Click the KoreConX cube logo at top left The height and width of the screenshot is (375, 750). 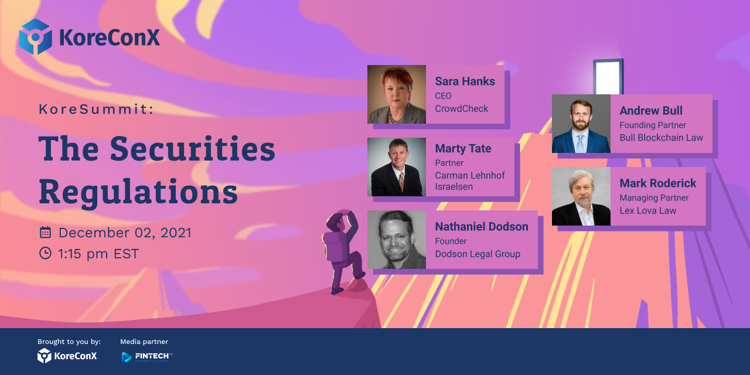click(35, 36)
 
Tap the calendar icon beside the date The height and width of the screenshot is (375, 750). click(45, 232)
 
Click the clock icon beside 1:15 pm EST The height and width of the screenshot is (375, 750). click(45, 253)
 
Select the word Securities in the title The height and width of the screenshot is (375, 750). click(193, 149)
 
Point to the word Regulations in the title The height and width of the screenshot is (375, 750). click(138, 192)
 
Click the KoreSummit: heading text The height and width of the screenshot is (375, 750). click(96, 109)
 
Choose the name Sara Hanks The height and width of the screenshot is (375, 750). click(465, 81)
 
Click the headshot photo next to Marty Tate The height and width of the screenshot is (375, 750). click(397, 167)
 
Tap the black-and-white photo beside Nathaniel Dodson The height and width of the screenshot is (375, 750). click(397, 240)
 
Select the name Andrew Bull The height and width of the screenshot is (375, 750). click(650, 111)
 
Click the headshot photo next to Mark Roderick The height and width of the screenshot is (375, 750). click(581, 196)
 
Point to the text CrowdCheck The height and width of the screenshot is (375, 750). click(461, 108)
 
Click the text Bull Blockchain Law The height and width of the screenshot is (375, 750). click(661, 138)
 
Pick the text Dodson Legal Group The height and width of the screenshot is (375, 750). click(478, 254)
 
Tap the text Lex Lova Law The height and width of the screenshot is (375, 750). click(647, 210)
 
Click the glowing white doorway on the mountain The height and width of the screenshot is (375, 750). click(608, 77)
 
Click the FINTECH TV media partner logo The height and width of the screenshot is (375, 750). click(146, 357)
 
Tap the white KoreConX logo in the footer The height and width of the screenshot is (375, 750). click(67, 356)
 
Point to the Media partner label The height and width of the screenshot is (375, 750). click(144, 342)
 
